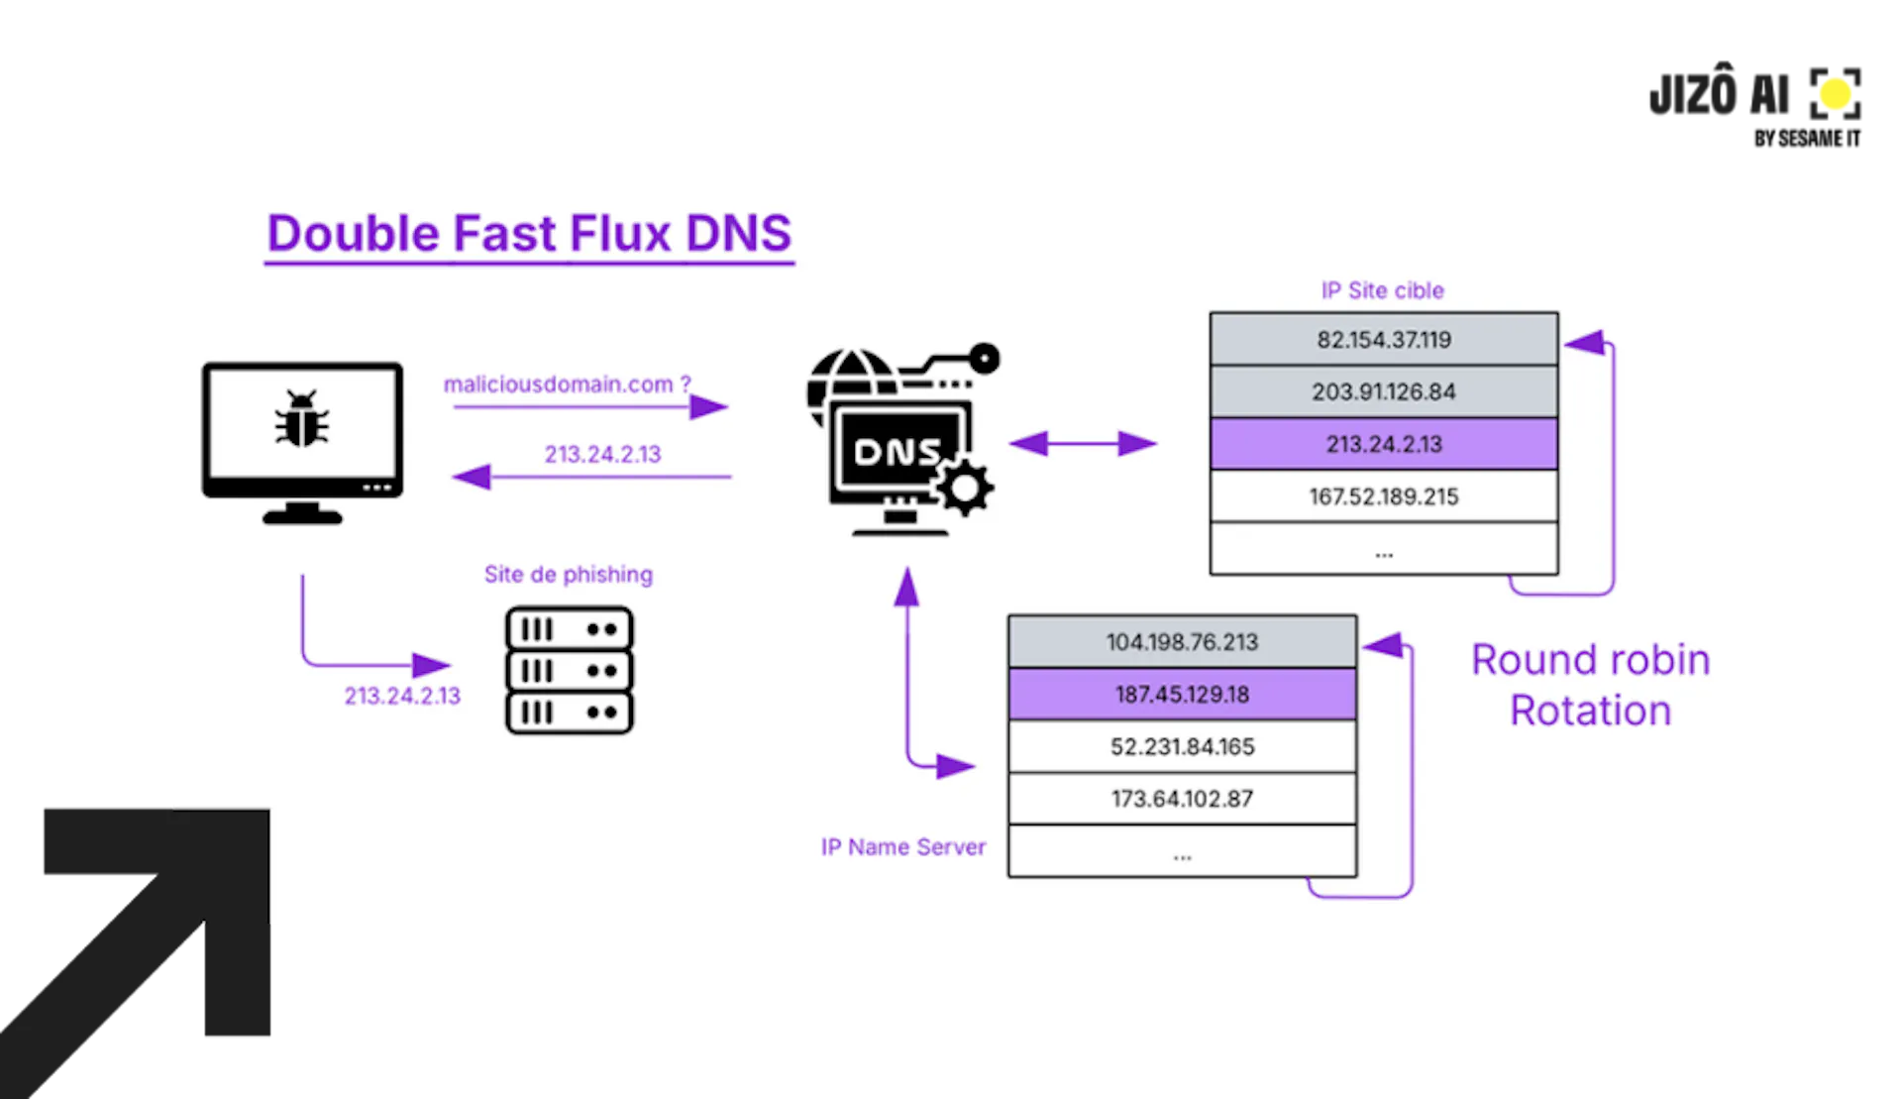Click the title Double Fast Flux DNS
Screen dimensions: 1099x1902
coord(529,234)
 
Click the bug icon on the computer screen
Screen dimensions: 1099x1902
coord(301,418)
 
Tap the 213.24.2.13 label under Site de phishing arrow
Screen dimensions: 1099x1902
coord(402,696)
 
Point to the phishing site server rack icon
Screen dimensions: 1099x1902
coord(569,671)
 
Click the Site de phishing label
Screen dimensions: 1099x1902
coord(568,575)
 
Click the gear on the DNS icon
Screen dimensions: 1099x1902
coord(964,488)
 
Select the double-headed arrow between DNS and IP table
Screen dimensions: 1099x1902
coord(1083,443)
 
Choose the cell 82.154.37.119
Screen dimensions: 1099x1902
coord(1383,340)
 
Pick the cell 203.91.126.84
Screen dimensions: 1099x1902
coord(1383,391)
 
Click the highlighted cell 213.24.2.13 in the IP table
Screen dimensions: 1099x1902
coord(1383,444)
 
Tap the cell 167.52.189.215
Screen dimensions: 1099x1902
coord(1383,496)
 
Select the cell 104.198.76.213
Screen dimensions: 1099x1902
coord(1182,642)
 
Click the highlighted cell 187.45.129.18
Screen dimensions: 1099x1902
coord(1182,695)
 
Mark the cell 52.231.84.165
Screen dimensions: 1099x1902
coord(1182,747)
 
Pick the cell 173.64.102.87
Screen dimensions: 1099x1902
coord(1182,799)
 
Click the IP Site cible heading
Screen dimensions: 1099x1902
coord(1382,290)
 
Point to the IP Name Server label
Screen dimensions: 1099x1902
coord(902,847)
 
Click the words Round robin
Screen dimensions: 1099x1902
coord(1590,660)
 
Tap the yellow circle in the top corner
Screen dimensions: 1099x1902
coord(1835,94)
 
